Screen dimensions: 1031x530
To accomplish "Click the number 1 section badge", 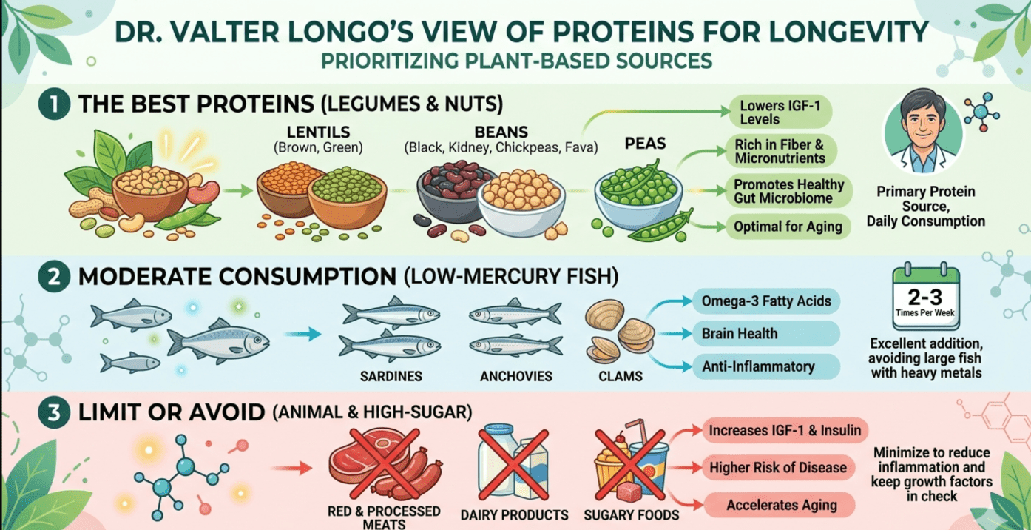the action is coord(54,104).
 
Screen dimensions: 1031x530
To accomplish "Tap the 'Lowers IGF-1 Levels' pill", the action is coord(780,112).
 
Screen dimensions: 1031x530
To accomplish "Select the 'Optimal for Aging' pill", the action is coord(788,227).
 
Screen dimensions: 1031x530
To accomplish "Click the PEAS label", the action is coord(645,144).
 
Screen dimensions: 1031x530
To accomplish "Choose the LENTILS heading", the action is coord(318,132).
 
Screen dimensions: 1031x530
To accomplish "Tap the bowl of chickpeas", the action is coord(521,203).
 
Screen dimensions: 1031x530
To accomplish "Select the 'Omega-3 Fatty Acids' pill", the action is coord(766,301).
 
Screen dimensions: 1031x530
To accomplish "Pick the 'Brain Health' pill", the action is coord(766,333).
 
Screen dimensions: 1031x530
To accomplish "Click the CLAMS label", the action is coord(620,376).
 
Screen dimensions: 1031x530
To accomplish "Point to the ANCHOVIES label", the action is coord(516,376).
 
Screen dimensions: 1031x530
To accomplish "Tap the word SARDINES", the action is coord(391,376).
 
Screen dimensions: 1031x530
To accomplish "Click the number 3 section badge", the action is coord(54,412).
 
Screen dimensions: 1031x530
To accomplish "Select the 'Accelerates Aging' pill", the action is coord(781,505).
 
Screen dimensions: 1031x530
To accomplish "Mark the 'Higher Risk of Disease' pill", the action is coord(778,468).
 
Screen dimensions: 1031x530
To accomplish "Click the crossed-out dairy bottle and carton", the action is coord(513,463).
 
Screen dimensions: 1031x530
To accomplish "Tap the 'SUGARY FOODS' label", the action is coord(632,514).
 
